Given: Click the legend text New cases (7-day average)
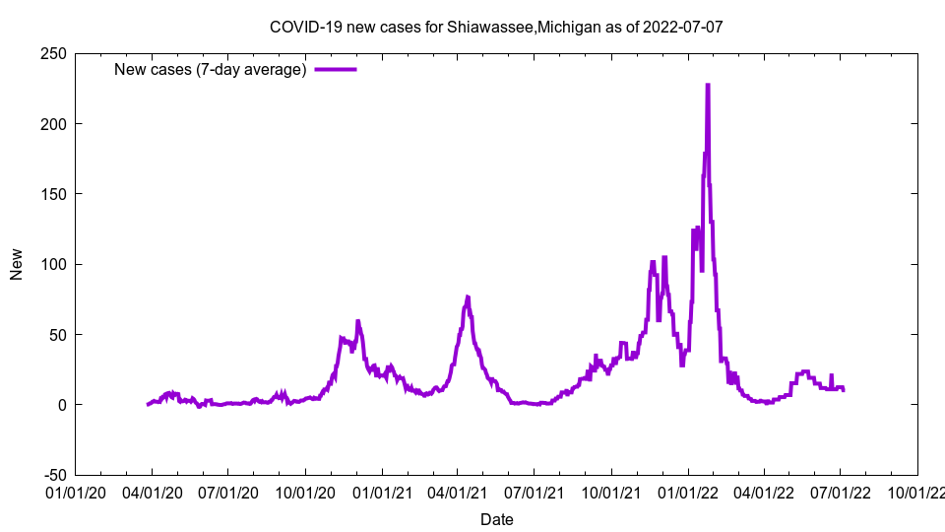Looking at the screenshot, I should click(211, 69).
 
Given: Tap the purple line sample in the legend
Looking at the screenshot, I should click(335, 69).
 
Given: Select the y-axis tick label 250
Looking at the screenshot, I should click(53, 53).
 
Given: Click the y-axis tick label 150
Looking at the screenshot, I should click(53, 194).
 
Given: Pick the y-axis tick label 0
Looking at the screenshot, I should click(61, 405).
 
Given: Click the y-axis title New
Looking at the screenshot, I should click(17, 264).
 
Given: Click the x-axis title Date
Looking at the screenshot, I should click(496, 519).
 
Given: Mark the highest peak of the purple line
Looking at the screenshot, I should click(708, 85).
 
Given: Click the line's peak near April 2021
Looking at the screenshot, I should click(468, 297).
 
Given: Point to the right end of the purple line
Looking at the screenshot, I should click(844, 390).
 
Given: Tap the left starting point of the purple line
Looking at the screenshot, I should click(148, 404).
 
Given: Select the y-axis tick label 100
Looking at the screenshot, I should click(53, 264).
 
